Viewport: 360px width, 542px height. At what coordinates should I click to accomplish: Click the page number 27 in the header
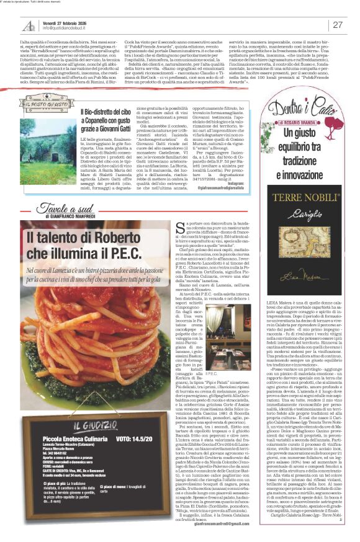click(338, 25)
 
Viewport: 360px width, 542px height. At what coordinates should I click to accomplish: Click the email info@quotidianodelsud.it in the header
click(68, 29)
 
